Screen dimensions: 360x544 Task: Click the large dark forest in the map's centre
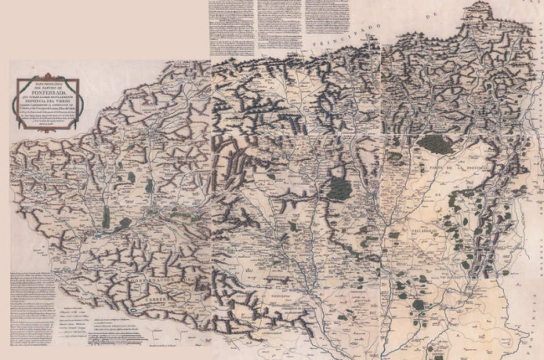tap(339, 188)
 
